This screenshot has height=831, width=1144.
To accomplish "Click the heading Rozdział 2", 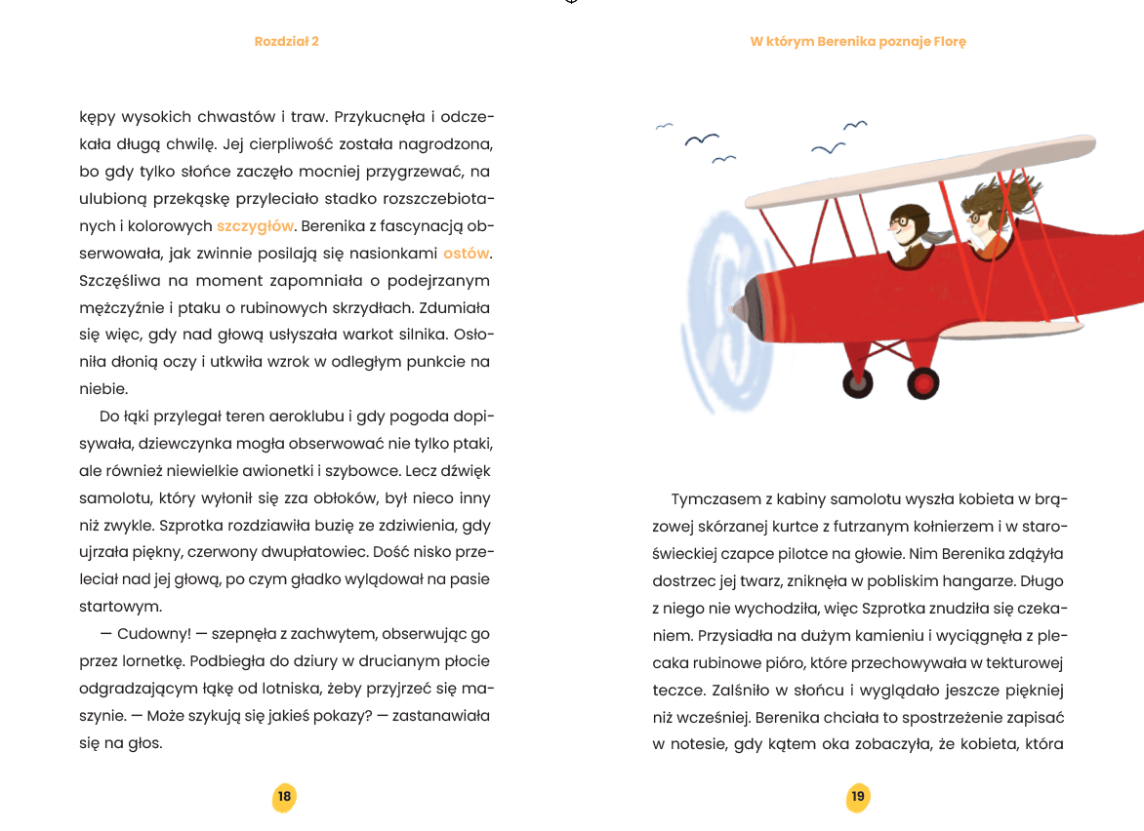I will pyautogui.click(x=286, y=42).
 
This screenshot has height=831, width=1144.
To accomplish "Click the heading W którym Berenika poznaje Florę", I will pyautogui.click(x=858, y=42).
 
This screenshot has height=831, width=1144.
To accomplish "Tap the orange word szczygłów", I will pyautogui.click(x=255, y=226).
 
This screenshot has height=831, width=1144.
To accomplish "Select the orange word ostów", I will pyautogui.click(x=466, y=254).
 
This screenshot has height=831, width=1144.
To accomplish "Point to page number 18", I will pyautogui.click(x=284, y=797).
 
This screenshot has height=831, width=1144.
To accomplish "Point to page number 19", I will pyautogui.click(x=858, y=797).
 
